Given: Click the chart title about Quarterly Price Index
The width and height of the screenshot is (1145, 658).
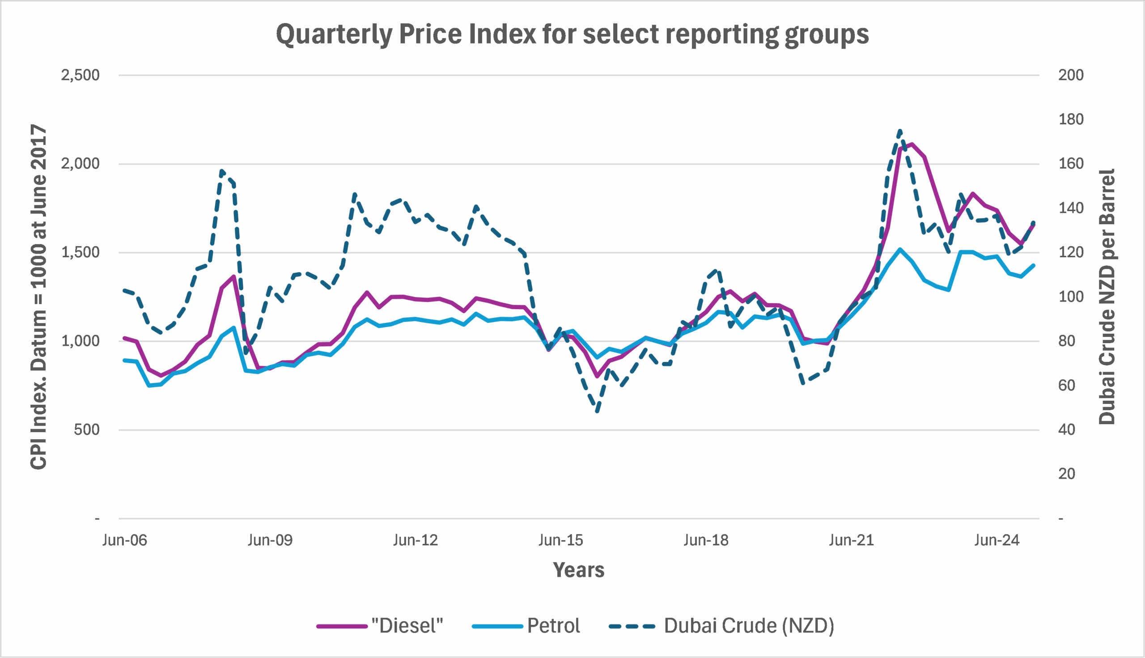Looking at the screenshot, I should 572,34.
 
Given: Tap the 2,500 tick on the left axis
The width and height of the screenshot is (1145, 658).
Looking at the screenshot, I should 81,75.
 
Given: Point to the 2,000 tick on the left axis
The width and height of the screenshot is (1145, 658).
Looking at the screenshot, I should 81,164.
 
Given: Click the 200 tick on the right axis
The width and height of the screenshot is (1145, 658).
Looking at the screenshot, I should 1071,75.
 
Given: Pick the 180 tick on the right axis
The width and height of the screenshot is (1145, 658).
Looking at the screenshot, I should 1071,119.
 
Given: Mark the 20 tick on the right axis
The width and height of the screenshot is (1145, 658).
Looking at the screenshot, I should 1066,474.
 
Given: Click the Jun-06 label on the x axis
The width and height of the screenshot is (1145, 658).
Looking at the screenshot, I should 125,540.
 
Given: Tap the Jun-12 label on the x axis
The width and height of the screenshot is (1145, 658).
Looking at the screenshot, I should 415,540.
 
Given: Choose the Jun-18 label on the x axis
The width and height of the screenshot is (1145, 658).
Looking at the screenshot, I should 706,540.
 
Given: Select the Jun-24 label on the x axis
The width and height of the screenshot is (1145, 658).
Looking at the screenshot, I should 997,540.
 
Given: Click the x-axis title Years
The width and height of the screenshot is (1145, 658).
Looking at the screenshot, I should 578,570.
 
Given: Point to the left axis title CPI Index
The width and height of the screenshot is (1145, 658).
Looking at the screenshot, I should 39,297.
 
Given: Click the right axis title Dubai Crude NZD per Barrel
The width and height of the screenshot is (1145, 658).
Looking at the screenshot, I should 1107,297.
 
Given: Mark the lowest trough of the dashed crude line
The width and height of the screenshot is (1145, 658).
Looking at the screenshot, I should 598,411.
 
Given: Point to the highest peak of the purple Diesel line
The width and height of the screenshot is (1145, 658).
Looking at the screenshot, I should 912,144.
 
